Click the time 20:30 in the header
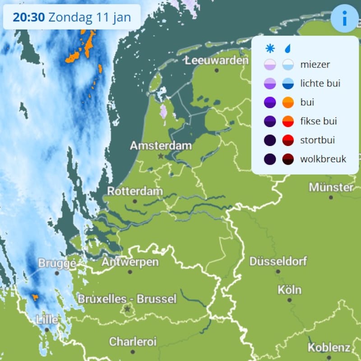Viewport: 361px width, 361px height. [28, 18]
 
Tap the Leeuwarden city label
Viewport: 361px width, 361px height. [217, 61]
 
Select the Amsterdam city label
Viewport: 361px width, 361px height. [161, 146]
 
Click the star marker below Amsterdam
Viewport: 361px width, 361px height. [161, 156]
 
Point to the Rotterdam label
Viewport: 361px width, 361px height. [134, 192]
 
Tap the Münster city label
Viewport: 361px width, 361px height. [331, 187]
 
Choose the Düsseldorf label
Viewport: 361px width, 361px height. [278, 261]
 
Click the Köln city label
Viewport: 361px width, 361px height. [289, 290]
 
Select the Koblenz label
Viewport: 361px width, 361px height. [329, 347]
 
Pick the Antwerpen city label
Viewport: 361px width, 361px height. [130, 262]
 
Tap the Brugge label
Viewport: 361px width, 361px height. [56, 263]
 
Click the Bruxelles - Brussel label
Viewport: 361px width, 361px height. [127, 299]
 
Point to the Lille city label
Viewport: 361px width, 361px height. [47, 319]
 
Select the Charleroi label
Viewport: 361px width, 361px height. [133, 341]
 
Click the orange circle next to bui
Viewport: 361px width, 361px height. [288, 103]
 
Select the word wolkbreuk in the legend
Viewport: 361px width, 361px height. [323, 159]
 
